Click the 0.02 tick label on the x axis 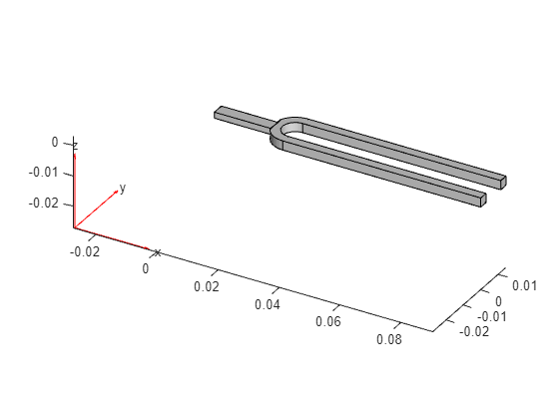tap(207, 286)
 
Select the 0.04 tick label tap(268, 304)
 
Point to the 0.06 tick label tap(328, 321)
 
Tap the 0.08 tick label tap(389, 339)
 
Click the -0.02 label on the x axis tap(85, 251)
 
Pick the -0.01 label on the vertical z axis tap(43, 173)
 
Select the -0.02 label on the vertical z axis tap(43, 204)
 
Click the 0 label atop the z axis tap(55, 142)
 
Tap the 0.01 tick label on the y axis tap(524, 285)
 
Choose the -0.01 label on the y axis tap(492, 316)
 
